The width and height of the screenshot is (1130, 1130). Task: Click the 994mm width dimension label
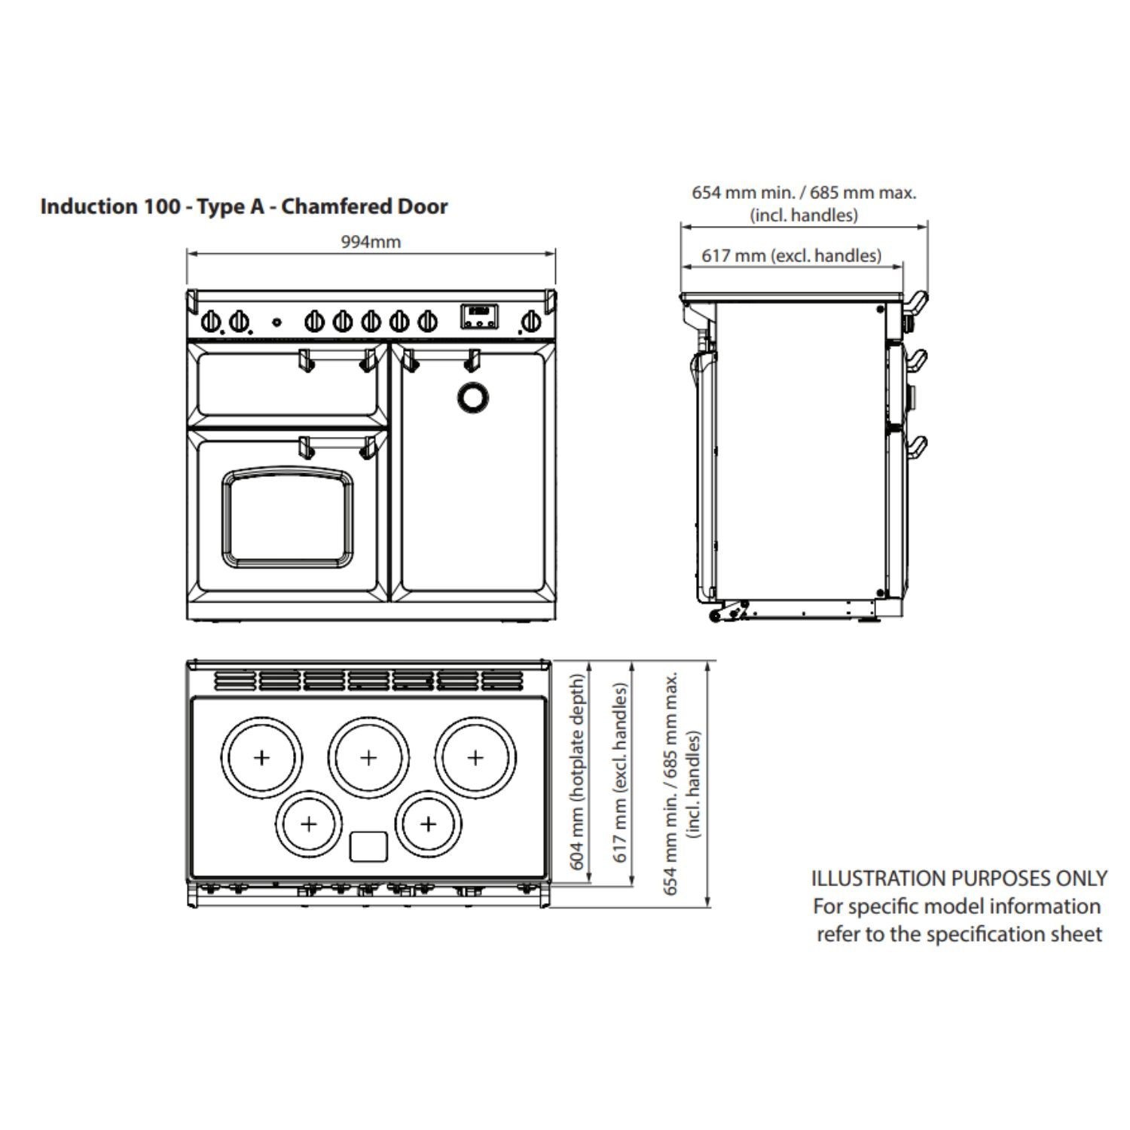(371, 243)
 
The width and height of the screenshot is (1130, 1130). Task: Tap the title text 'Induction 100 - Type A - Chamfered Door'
(244, 206)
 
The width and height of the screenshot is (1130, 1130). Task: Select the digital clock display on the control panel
(479, 316)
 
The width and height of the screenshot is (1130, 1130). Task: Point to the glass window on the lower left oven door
(287, 516)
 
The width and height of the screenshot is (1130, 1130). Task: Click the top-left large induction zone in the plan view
(261, 757)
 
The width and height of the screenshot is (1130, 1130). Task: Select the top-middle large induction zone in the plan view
(368, 757)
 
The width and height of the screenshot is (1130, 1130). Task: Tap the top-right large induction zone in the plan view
(475, 757)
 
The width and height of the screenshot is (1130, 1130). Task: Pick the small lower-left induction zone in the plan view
(309, 823)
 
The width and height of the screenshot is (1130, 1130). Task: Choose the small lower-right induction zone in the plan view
(428, 823)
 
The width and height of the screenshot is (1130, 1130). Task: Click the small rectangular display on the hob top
(368, 846)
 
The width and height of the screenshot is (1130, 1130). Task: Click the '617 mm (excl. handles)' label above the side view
(791, 256)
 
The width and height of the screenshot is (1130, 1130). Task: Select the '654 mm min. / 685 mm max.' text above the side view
(804, 193)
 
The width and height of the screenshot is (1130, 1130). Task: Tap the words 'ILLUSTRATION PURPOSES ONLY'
(959, 878)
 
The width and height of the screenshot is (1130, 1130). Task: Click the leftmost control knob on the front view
(212, 322)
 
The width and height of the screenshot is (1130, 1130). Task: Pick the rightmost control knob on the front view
(530, 322)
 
